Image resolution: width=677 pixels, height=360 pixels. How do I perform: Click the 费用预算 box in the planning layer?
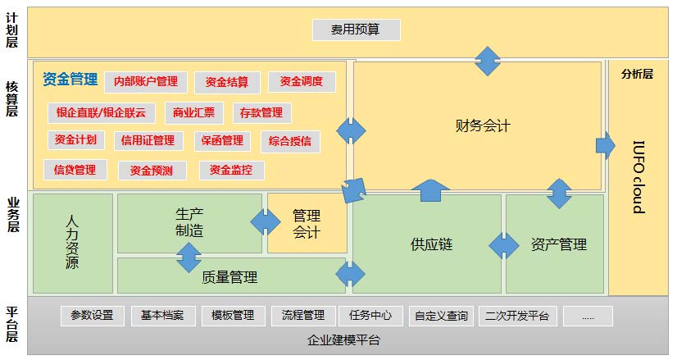click(x=357, y=30)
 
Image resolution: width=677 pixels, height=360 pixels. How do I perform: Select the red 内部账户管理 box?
click(x=146, y=82)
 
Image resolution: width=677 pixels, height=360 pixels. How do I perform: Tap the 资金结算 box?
click(x=227, y=82)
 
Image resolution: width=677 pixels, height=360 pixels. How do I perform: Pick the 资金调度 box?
click(x=302, y=82)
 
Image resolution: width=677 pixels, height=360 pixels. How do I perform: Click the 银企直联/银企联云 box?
click(x=102, y=113)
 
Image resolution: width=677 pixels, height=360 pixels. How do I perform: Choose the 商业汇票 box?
click(x=194, y=113)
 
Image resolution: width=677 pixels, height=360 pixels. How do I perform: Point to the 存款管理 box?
click(x=261, y=113)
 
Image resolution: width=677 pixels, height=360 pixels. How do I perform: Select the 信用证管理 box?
click(x=148, y=141)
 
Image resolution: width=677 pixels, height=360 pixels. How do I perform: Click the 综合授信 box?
click(x=290, y=141)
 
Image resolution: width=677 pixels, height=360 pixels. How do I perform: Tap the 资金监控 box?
click(x=231, y=171)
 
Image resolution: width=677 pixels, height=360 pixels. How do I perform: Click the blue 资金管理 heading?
click(x=70, y=80)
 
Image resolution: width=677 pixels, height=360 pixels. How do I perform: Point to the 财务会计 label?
click(x=483, y=125)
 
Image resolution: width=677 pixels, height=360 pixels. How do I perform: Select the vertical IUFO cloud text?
click(x=638, y=177)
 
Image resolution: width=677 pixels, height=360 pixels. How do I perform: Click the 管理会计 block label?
click(x=307, y=224)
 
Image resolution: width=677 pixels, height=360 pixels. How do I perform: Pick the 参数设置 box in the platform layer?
click(x=92, y=316)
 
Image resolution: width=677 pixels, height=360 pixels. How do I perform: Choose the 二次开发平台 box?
click(x=517, y=316)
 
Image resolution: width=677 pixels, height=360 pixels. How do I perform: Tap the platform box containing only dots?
click(x=588, y=316)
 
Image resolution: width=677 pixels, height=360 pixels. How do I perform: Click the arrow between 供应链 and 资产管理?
click(x=504, y=245)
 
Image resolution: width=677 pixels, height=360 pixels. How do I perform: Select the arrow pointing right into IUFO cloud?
click(x=606, y=146)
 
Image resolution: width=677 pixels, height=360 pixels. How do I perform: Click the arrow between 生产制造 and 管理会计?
click(x=265, y=222)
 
